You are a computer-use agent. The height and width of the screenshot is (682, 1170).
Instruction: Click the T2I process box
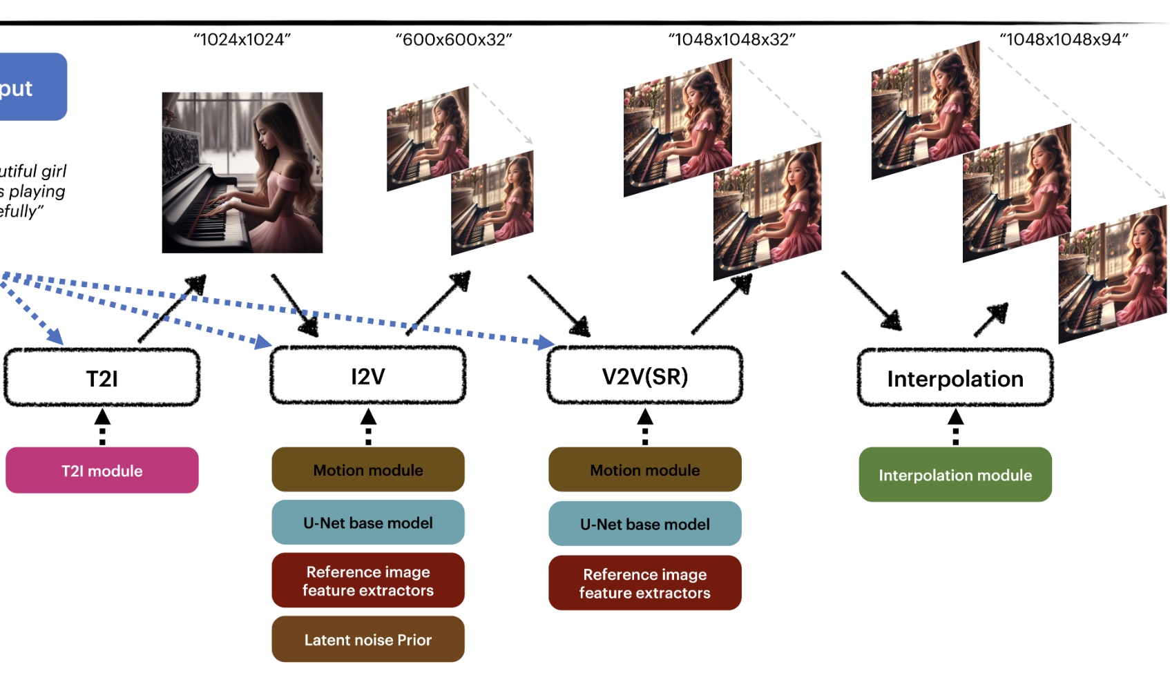[102, 378]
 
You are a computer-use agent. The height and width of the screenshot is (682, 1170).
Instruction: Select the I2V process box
[368, 376]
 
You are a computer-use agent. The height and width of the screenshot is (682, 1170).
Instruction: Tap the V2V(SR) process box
[645, 376]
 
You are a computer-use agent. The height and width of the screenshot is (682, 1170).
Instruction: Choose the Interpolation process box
[955, 378]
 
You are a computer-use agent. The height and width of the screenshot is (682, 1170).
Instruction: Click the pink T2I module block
[102, 471]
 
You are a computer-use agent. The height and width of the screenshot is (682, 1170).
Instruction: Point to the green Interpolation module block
[955, 475]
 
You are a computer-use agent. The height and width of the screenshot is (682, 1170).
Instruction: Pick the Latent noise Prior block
[368, 640]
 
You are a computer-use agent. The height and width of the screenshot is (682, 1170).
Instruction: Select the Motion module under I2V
[368, 470]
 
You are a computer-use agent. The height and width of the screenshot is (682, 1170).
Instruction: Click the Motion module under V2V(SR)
[645, 470]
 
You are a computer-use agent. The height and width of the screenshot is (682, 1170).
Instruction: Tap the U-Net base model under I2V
[368, 523]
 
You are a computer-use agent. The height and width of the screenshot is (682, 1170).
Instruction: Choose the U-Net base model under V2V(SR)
[645, 524]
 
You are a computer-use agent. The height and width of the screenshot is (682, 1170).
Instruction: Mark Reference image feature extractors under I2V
[368, 581]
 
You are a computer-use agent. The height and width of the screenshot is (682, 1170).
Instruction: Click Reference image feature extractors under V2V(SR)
[645, 583]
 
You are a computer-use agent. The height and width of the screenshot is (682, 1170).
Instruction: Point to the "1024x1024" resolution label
[242, 40]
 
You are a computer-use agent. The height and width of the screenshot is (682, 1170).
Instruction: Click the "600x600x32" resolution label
[454, 40]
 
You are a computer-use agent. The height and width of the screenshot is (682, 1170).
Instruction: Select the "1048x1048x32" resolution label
[732, 40]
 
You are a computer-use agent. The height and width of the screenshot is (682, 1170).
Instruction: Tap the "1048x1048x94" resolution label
[1064, 40]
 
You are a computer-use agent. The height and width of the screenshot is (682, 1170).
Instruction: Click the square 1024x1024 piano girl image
[242, 173]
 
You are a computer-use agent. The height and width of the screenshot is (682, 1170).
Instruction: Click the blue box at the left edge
[31, 87]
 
